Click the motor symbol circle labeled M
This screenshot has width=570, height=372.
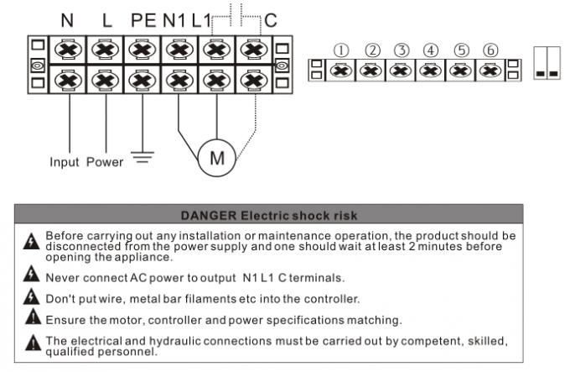coord(217,158)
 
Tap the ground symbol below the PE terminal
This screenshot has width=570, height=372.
coord(143,158)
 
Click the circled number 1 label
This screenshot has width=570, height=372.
coord(339,50)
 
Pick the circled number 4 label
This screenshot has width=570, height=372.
coord(431,50)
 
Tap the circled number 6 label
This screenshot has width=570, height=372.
coord(491,50)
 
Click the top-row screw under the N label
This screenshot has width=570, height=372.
coord(68,50)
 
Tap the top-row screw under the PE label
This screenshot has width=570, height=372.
coord(142,50)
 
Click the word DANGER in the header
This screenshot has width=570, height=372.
coord(207,216)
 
